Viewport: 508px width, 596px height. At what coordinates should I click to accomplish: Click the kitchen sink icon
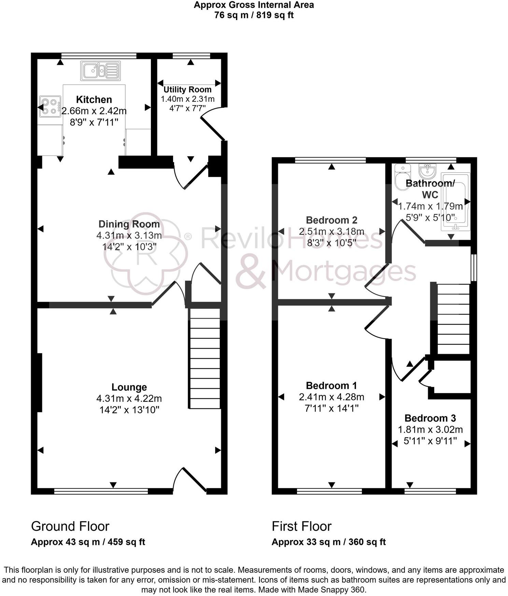[100, 71]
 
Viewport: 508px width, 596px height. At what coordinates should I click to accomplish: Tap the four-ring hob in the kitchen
[50, 106]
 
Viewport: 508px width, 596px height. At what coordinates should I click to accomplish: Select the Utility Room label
[187, 89]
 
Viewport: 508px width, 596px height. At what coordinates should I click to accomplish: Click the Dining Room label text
[129, 224]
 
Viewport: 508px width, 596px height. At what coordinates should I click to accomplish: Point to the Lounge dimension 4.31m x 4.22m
[129, 398]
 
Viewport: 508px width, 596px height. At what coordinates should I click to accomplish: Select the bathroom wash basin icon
[427, 170]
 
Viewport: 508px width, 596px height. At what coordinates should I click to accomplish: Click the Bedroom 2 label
[331, 220]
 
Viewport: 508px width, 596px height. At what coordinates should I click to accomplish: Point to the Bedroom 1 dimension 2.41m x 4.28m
[331, 397]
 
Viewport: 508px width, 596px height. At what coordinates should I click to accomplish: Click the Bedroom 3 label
[430, 418]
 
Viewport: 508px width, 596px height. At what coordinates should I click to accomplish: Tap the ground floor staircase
[204, 358]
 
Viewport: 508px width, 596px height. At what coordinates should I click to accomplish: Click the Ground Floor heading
[70, 526]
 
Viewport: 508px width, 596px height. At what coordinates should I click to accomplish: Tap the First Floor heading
[301, 526]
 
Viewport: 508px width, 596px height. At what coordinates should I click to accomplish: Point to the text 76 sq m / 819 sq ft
[254, 15]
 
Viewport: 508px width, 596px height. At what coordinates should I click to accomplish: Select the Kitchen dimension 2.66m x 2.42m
[94, 111]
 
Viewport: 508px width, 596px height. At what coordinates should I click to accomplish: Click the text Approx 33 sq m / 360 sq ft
[328, 542]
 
